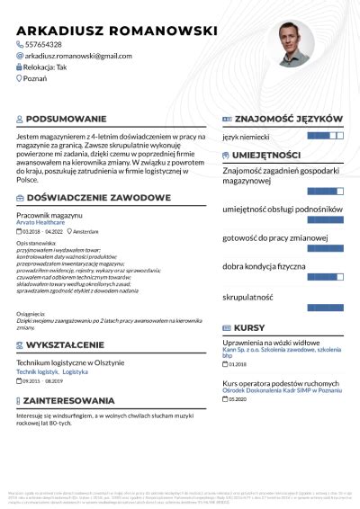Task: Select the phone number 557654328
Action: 43,44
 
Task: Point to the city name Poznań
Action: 37,79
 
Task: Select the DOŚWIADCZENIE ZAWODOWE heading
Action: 99,197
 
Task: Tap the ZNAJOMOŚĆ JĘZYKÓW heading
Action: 287,119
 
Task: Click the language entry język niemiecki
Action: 246,138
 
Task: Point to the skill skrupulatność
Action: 247,295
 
